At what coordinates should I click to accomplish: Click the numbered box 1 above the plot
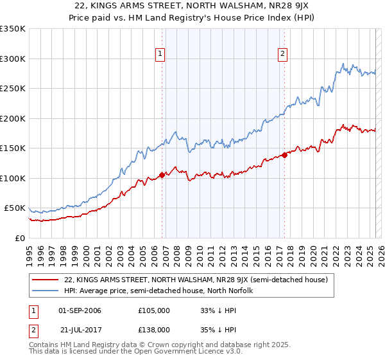pos(160,55)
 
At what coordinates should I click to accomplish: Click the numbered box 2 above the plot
pos(282,55)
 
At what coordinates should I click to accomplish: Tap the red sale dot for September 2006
pos(162,175)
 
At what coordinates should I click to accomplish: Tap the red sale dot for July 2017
pos(284,155)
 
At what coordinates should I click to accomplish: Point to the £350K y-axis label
pos(13,29)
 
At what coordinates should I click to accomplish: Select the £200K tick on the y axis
pos(13,118)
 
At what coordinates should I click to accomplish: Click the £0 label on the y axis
pos(19,238)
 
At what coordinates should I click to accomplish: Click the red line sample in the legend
pos(46,280)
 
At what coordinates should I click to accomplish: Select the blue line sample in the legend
pos(46,291)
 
